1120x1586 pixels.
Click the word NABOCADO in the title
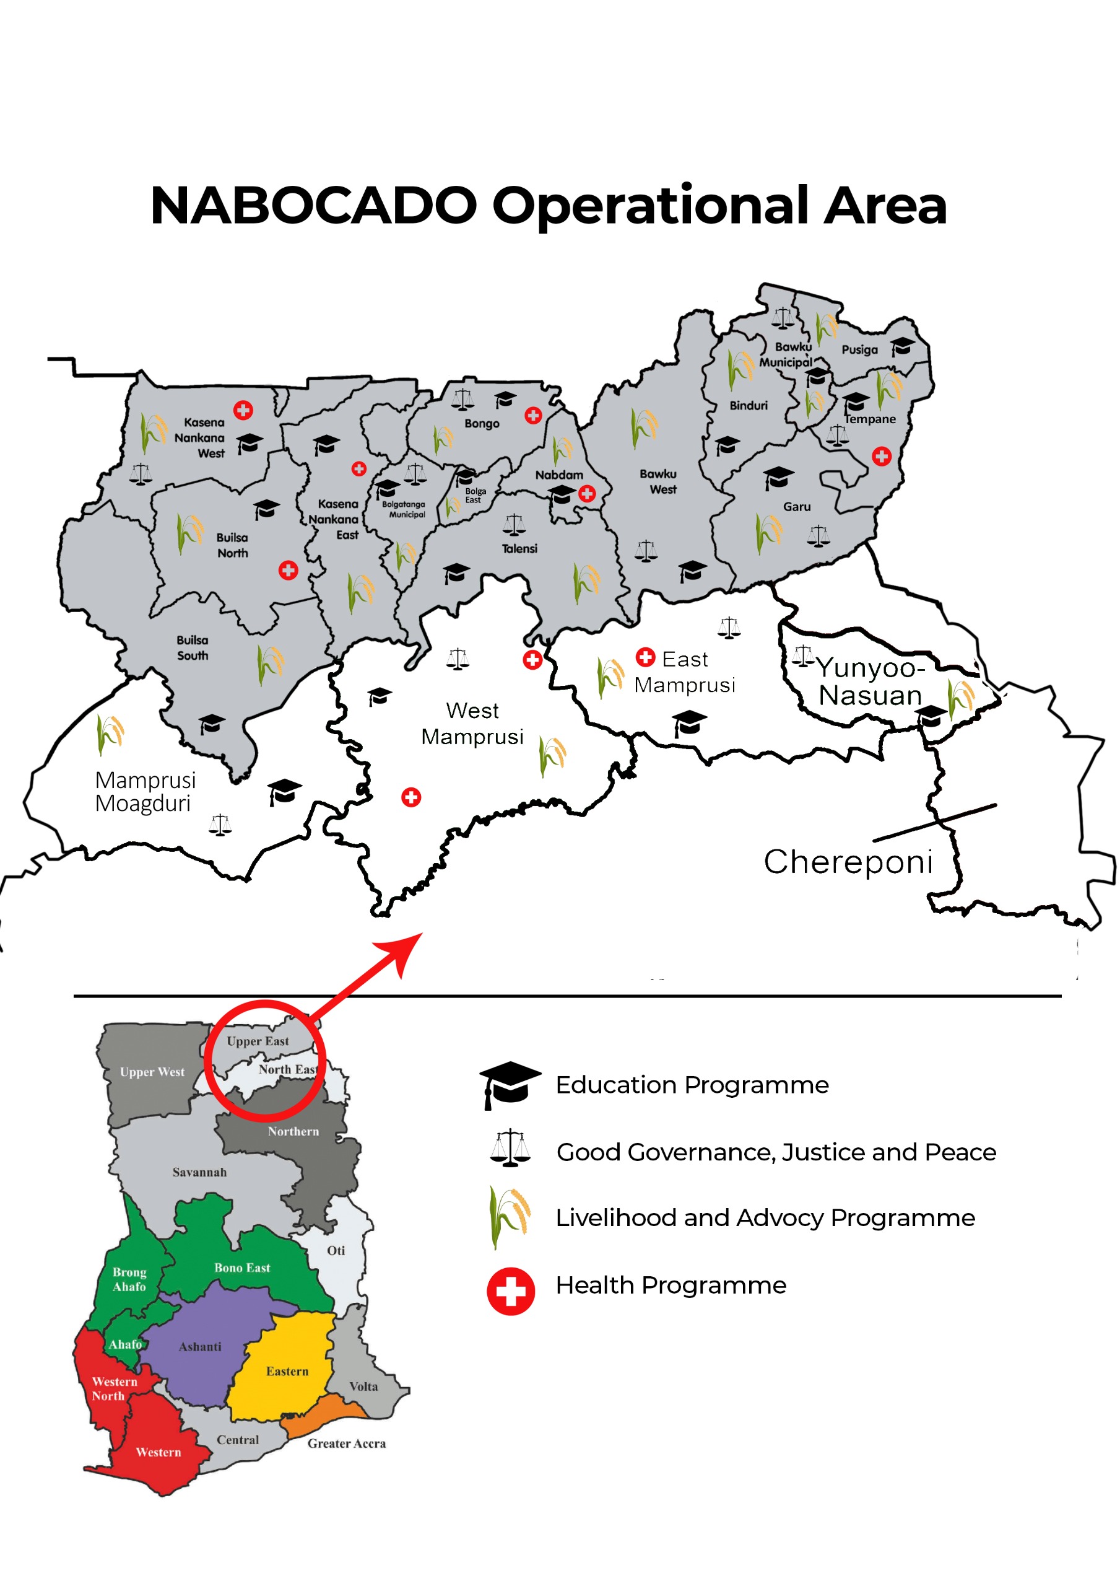[313, 206]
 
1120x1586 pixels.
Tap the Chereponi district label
[848, 862]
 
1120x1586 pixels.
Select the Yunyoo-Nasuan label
[870, 681]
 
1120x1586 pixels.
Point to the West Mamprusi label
[472, 723]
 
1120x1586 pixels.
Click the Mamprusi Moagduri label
[145, 792]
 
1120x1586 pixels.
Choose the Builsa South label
[192, 648]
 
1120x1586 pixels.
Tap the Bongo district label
[481, 423]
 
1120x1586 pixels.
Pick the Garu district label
[796, 506]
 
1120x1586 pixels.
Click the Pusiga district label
[859, 349]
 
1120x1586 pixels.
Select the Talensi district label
[519, 548]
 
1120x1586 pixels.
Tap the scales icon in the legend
[510, 1148]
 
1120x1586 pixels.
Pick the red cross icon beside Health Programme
[510, 1291]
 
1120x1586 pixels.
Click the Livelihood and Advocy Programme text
[765, 1218]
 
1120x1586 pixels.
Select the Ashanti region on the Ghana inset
[200, 1347]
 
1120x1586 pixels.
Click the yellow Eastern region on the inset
[287, 1371]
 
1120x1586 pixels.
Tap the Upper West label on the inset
[152, 1072]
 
